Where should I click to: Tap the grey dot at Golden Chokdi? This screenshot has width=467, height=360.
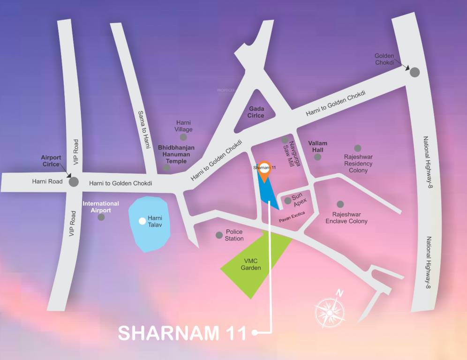point(415,72)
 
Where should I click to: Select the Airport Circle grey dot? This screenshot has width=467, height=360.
point(74,182)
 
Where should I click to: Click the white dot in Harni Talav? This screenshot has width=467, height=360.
point(142,221)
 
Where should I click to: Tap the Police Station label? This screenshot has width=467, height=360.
point(234,235)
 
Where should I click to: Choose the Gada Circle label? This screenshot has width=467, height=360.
point(256,112)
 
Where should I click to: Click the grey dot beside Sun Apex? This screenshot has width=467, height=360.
point(287,201)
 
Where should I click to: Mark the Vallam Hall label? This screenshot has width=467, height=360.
point(317,146)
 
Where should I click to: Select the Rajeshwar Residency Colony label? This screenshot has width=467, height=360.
point(358,164)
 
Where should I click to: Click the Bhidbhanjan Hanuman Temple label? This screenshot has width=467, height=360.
point(176,154)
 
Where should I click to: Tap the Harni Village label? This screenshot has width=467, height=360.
point(183,126)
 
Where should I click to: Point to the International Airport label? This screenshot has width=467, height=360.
point(101,207)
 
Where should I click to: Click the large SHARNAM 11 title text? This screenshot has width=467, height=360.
point(182,333)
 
